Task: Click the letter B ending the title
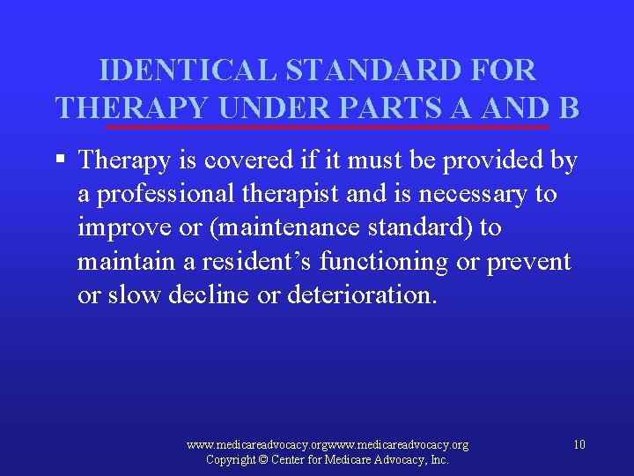tap(568, 107)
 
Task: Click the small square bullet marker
tap(60, 160)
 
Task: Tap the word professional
tap(160, 194)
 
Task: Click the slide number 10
tap(579, 444)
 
